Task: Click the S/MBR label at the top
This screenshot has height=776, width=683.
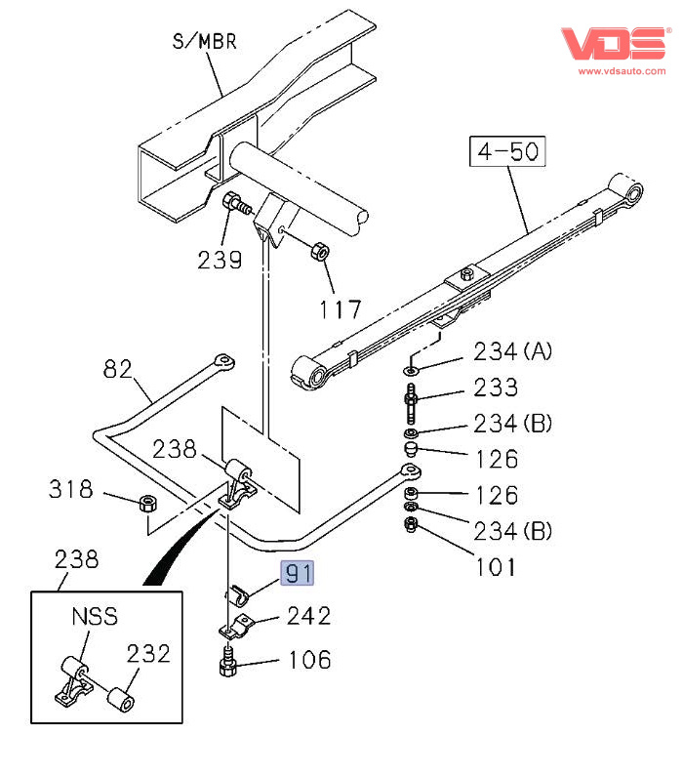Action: tap(205, 42)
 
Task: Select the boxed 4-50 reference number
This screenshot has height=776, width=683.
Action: tap(506, 152)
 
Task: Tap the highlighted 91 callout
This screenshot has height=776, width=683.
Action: tap(298, 573)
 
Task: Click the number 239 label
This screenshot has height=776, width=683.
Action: tap(220, 260)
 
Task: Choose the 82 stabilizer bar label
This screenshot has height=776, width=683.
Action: tap(116, 369)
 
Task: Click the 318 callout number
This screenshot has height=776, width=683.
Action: tap(71, 488)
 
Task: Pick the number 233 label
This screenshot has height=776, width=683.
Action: tap(496, 388)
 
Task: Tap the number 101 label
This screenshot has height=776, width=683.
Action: tap(496, 566)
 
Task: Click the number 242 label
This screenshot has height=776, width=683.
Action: tap(308, 616)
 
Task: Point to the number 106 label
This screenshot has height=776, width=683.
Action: tap(308, 660)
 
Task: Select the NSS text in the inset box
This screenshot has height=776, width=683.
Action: tap(94, 617)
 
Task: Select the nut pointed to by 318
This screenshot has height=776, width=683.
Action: tap(149, 504)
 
